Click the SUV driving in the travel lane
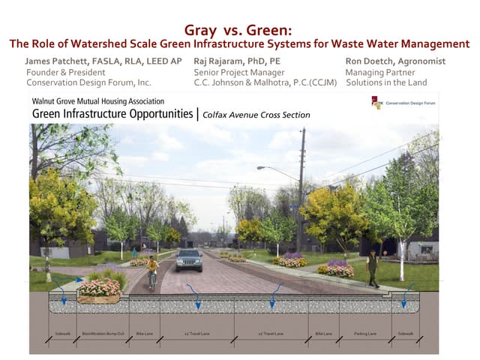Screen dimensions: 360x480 click(189, 259)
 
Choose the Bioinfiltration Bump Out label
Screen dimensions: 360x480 click(100, 334)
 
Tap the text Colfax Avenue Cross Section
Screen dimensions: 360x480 click(256, 115)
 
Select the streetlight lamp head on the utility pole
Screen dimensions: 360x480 click(262, 168)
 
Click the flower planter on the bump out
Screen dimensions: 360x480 click(100, 289)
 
